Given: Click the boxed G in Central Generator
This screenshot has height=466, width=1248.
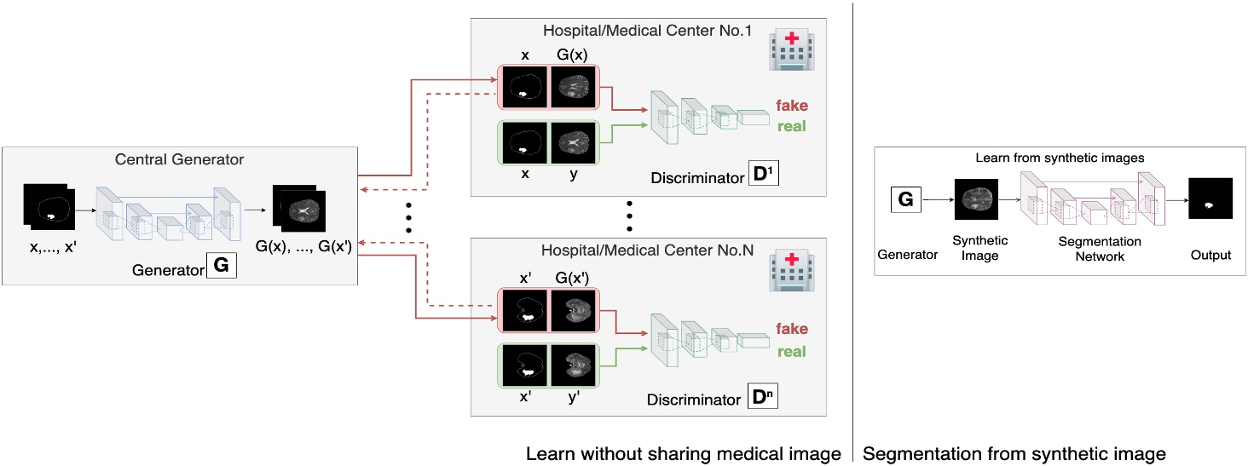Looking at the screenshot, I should (220, 266).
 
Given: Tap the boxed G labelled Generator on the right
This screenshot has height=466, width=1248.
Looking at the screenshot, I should (905, 201).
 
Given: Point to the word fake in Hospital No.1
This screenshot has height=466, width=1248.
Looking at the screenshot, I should (791, 106).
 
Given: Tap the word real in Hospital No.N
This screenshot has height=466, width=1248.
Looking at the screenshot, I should (791, 351).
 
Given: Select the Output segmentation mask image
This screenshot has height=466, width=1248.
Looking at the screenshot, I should (1211, 201).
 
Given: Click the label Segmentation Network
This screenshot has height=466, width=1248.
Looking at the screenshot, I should (1100, 249).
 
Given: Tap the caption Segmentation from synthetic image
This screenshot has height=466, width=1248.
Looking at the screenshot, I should (1014, 453).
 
